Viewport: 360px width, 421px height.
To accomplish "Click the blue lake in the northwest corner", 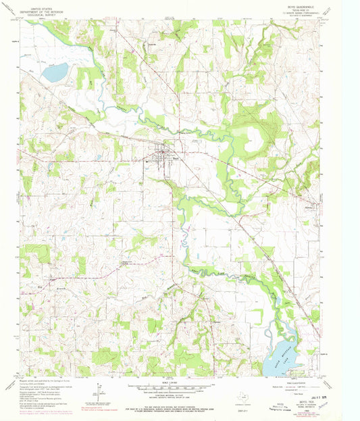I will tap(55, 72).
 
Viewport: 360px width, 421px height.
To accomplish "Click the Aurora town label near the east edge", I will tap(310, 207).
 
